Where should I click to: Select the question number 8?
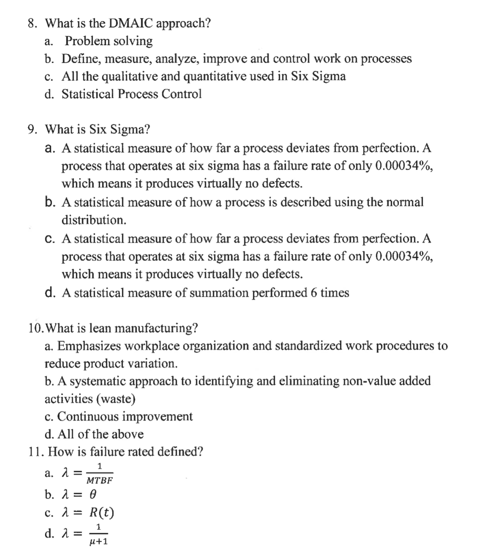31,23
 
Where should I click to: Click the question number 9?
31,129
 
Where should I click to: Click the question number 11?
35,452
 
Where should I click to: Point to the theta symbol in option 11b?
93,495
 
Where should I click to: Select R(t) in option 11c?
102,512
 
